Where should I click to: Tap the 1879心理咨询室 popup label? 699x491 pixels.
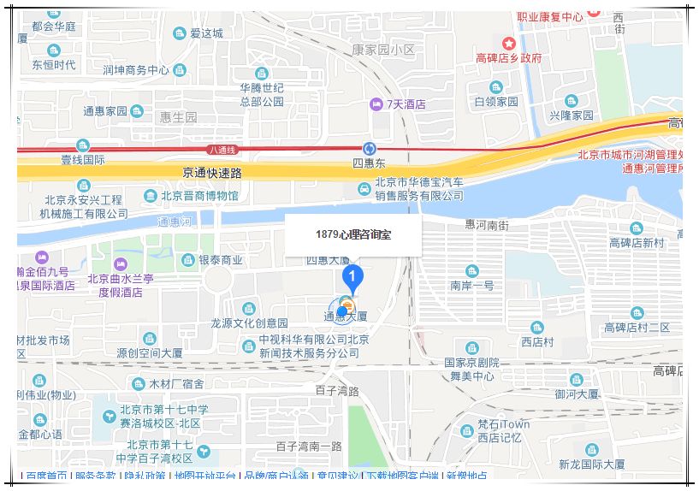point(352,234)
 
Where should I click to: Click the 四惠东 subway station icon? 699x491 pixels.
point(370,148)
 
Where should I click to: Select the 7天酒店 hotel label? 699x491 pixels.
point(406,104)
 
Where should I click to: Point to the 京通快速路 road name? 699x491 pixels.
point(212,173)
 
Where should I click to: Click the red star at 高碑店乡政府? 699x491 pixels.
point(509,43)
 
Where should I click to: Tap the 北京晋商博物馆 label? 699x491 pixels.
point(199,196)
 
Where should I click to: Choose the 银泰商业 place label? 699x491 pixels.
point(221,260)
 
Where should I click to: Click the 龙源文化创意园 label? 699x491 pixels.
point(250,323)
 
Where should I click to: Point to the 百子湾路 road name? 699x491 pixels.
point(336,391)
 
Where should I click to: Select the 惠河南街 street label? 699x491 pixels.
point(486,225)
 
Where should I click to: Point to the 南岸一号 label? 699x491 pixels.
point(472,285)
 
